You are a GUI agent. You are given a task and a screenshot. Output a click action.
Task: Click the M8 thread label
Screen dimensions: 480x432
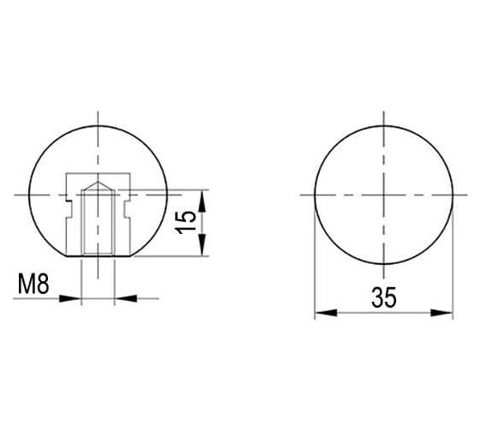click(33, 284)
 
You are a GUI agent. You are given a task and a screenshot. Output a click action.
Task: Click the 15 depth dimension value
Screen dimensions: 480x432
click(186, 223)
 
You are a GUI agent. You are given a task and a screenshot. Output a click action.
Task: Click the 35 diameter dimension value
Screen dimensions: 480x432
click(384, 297)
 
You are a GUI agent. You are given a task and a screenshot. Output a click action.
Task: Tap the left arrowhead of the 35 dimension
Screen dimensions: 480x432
click(326, 313)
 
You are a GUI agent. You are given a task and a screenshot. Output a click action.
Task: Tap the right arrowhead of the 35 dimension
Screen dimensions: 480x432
click(441, 313)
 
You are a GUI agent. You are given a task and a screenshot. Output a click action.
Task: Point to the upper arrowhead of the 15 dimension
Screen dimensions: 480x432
click(201, 201)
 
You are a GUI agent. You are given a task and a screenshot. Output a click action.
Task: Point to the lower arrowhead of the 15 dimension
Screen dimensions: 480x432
click(201, 244)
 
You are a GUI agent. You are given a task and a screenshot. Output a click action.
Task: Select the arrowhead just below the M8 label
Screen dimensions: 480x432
click(69, 298)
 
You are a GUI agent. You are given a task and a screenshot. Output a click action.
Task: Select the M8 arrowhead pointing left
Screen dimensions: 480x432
click(125, 298)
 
